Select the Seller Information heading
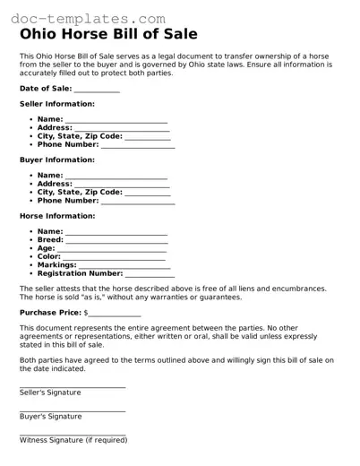57,104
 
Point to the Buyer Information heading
57,160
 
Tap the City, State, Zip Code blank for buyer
148,193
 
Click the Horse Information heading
57,216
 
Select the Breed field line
116,240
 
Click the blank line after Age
112,249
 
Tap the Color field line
116,257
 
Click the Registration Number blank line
150,274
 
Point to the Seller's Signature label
50,393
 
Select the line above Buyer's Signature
73,410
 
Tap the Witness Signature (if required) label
73,440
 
